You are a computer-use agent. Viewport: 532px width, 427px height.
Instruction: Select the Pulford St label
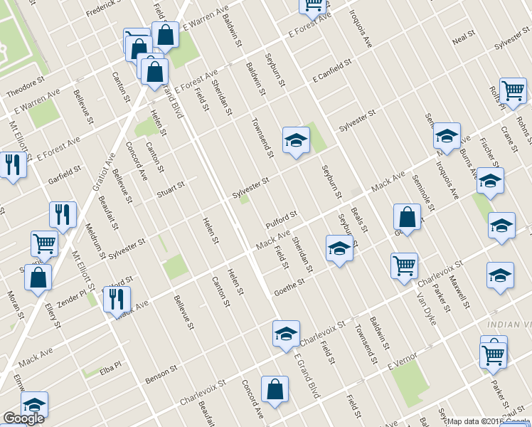pyautogui.click(x=281, y=216)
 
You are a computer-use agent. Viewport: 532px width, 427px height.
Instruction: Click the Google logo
pyautogui.click(x=23, y=418)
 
